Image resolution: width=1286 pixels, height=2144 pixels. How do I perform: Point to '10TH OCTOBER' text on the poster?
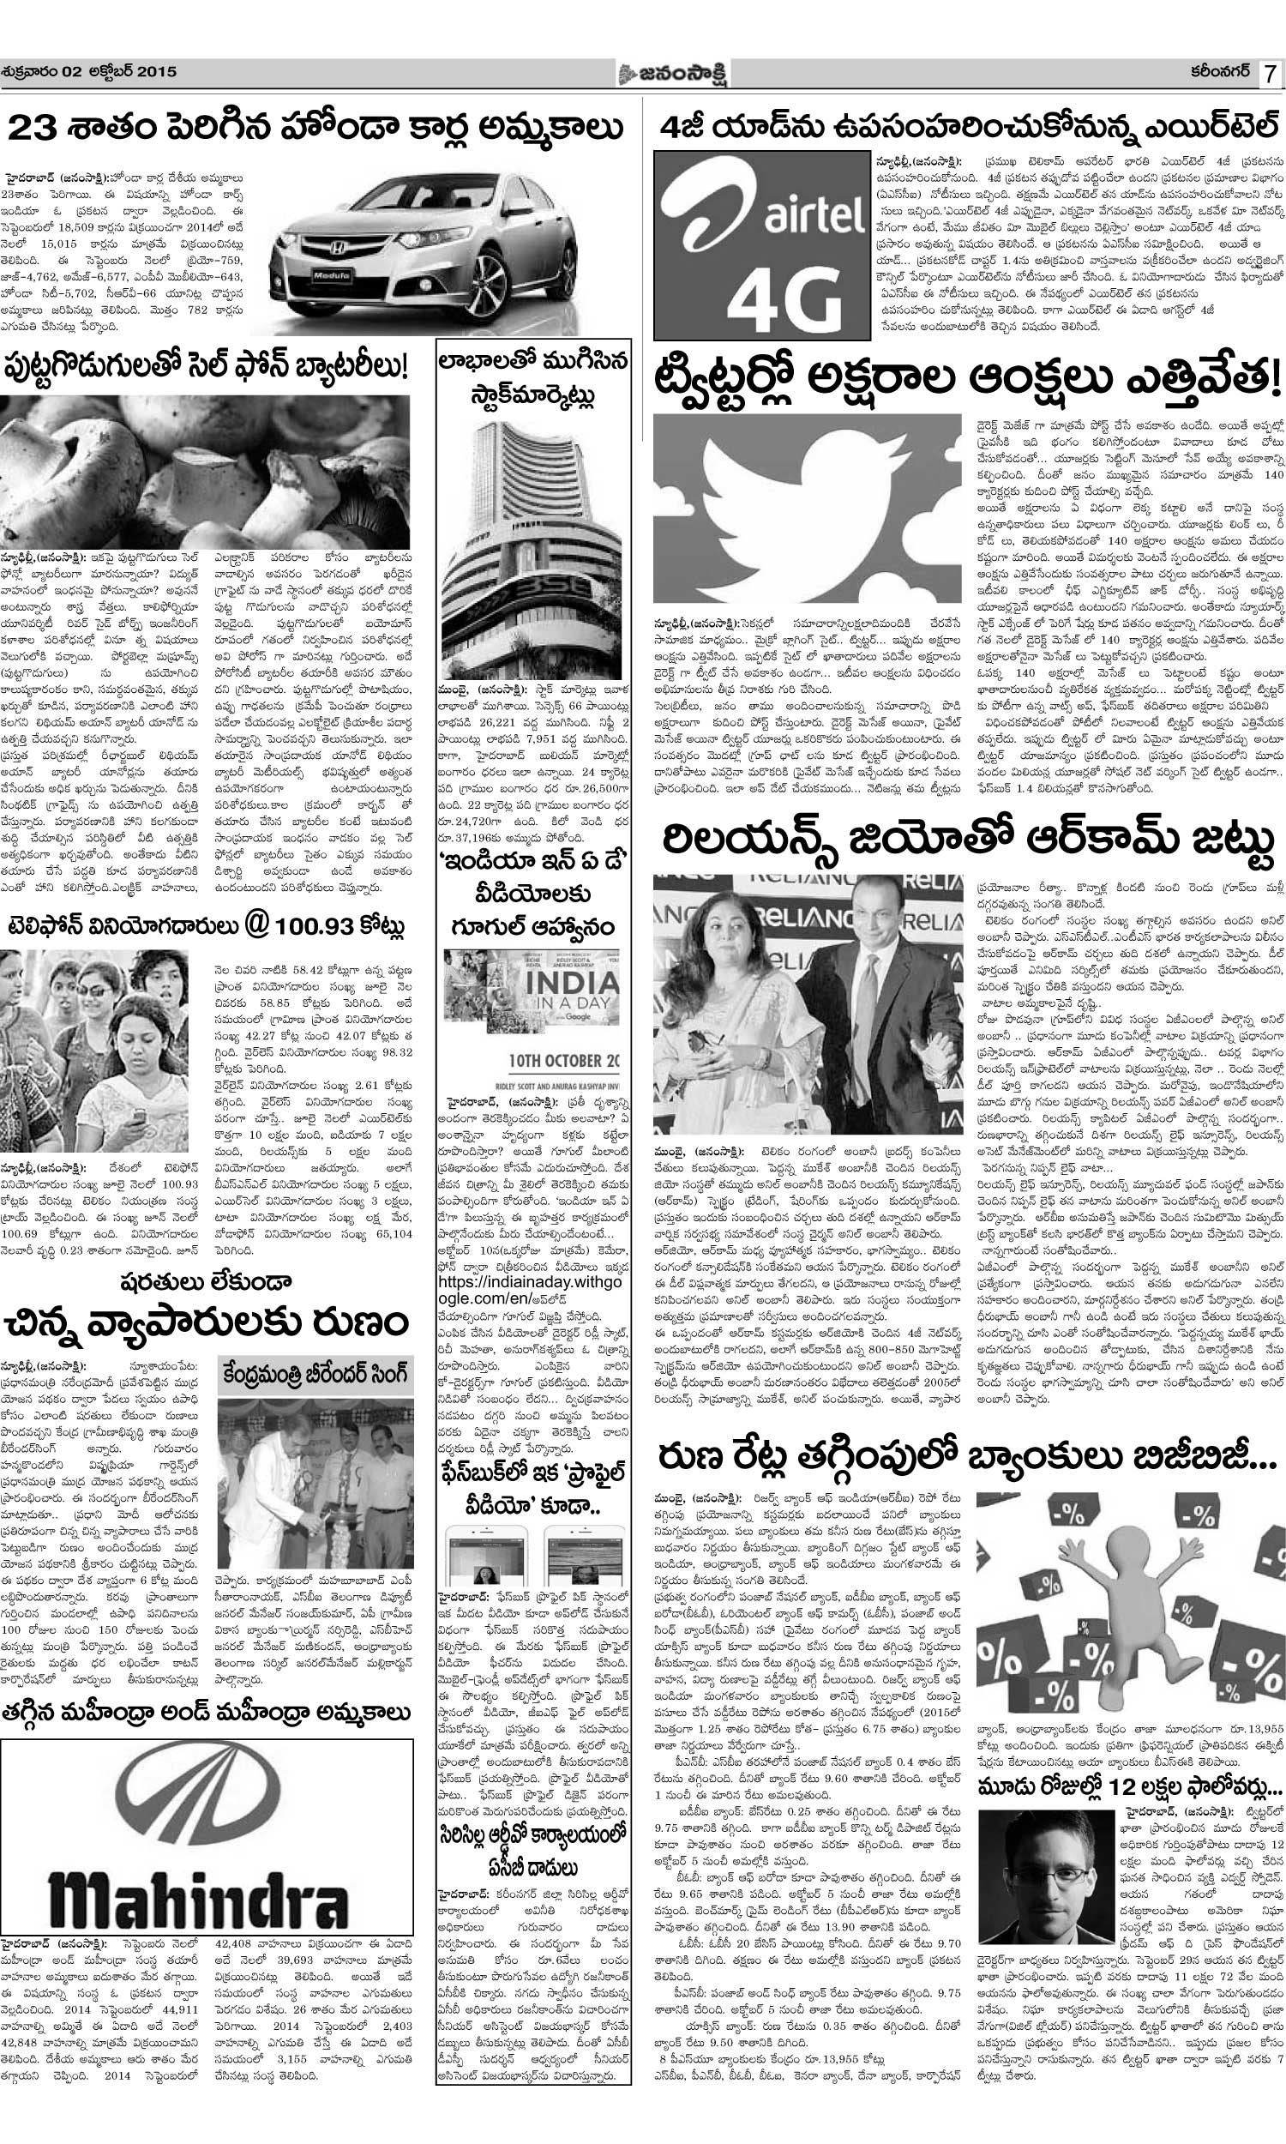[x=540, y=1061]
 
